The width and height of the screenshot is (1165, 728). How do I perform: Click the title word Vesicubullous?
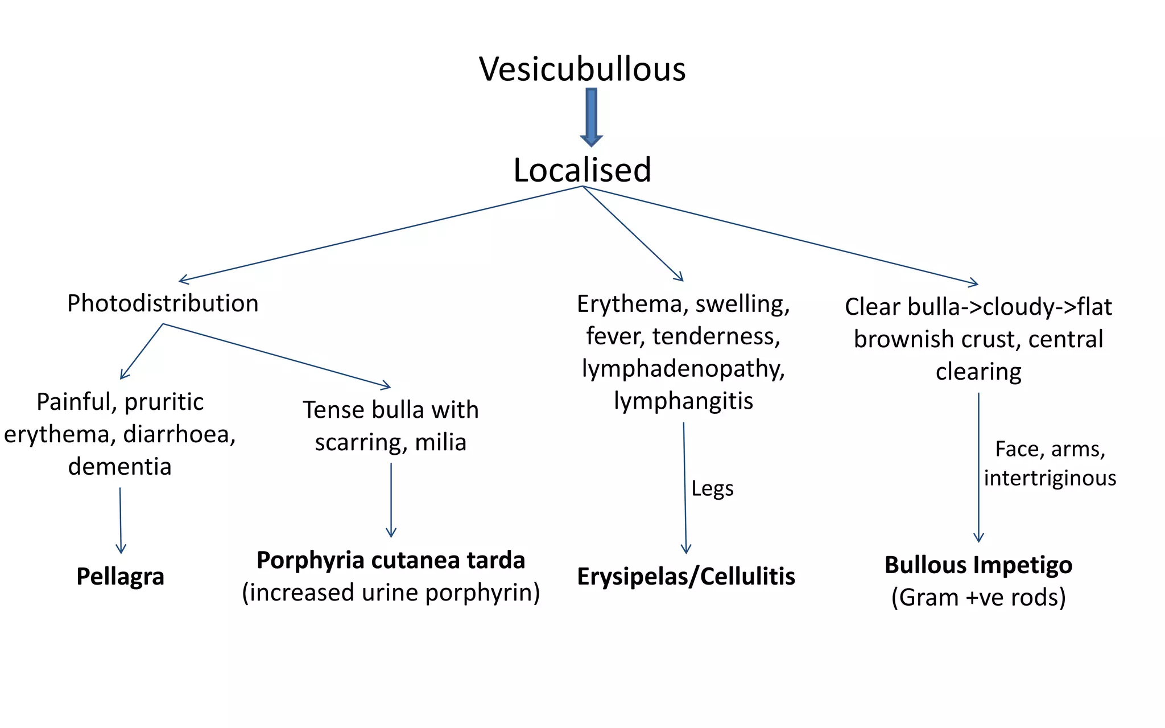pos(582,69)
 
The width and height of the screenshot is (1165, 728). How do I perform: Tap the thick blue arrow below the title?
pos(591,117)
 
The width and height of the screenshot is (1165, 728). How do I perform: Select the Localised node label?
pos(582,170)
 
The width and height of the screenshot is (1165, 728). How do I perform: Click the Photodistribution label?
pos(163,303)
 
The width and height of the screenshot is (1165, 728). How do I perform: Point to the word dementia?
pos(119,467)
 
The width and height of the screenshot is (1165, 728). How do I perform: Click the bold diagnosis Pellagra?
pos(120,577)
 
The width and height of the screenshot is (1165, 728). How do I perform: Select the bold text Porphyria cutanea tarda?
pos(390,560)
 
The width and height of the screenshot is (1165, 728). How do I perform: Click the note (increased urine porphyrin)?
pos(390,593)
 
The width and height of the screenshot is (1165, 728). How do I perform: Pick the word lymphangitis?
pos(683,401)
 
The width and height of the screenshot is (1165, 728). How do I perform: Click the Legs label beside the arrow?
pos(712,488)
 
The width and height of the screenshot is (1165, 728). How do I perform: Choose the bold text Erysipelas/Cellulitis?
pos(685,577)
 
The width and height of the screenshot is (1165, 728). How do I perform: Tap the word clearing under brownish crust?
pos(978,372)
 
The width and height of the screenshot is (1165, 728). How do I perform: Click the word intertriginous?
pos(1050,478)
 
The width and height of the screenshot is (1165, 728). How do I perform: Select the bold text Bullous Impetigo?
pos(978,565)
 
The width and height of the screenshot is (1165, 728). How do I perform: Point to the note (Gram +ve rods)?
pos(978,597)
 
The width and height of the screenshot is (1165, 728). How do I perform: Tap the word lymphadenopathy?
pos(683,369)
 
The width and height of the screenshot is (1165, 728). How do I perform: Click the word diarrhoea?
pos(179,434)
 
